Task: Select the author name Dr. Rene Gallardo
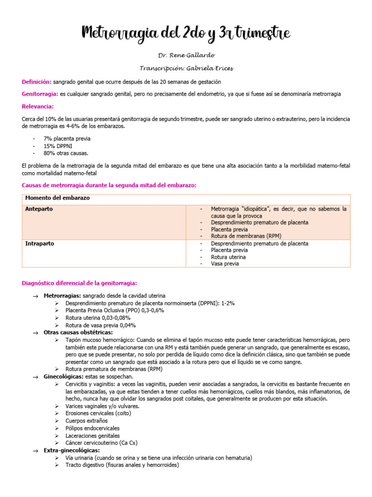pyautogui.click(x=186, y=56)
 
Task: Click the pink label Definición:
pyautogui.click(x=37, y=82)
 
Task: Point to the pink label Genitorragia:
pyautogui.click(x=40, y=94)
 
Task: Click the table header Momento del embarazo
pyautogui.click(x=57, y=199)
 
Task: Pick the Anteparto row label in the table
pyautogui.click(x=39, y=209)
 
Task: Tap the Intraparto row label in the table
pyautogui.click(x=39, y=244)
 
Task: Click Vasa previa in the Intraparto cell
pyautogui.click(x=225, y=264)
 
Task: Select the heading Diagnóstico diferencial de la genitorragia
pyautogui.click(x=80, y=283)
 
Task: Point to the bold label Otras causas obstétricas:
pyautogui.click(x=78, y=332)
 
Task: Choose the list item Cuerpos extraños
pyautogui.click(x=86, y=421)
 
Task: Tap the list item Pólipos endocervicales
pyautogui.click(x=92, y=428)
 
